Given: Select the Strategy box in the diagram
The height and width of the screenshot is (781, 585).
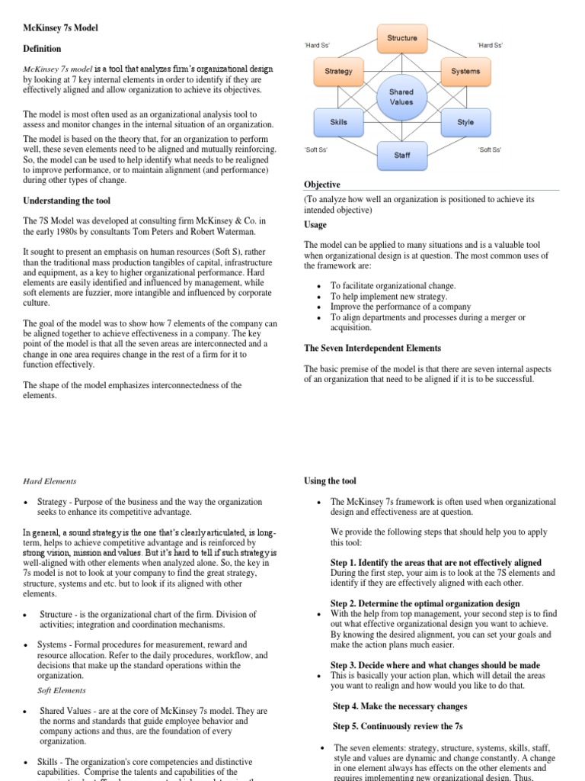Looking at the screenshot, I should (338, 72).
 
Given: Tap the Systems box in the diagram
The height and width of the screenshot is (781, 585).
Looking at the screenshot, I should (465, 72).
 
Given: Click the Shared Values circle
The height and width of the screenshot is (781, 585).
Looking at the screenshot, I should (401, 97).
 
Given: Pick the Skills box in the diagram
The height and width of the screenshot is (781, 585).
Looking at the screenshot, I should (338, 122).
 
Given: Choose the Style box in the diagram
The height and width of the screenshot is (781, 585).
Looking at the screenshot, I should (465, 122).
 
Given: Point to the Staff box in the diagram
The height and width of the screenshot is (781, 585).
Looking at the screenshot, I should (402, 156).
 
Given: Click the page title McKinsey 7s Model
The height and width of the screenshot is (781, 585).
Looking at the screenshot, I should (60, 28).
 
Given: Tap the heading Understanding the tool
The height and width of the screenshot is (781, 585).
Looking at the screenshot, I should (66, 201).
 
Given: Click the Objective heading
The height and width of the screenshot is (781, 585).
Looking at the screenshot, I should (322, 185).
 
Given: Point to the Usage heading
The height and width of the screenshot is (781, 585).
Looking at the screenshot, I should (315, 225).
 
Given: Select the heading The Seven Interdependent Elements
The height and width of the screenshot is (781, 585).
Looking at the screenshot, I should (372, 348).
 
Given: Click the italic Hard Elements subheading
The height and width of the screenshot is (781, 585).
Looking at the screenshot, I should (50, 481).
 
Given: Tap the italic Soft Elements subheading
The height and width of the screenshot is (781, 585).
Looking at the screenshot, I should (63, 690).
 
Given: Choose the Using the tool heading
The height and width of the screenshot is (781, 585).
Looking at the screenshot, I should (330, 481).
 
